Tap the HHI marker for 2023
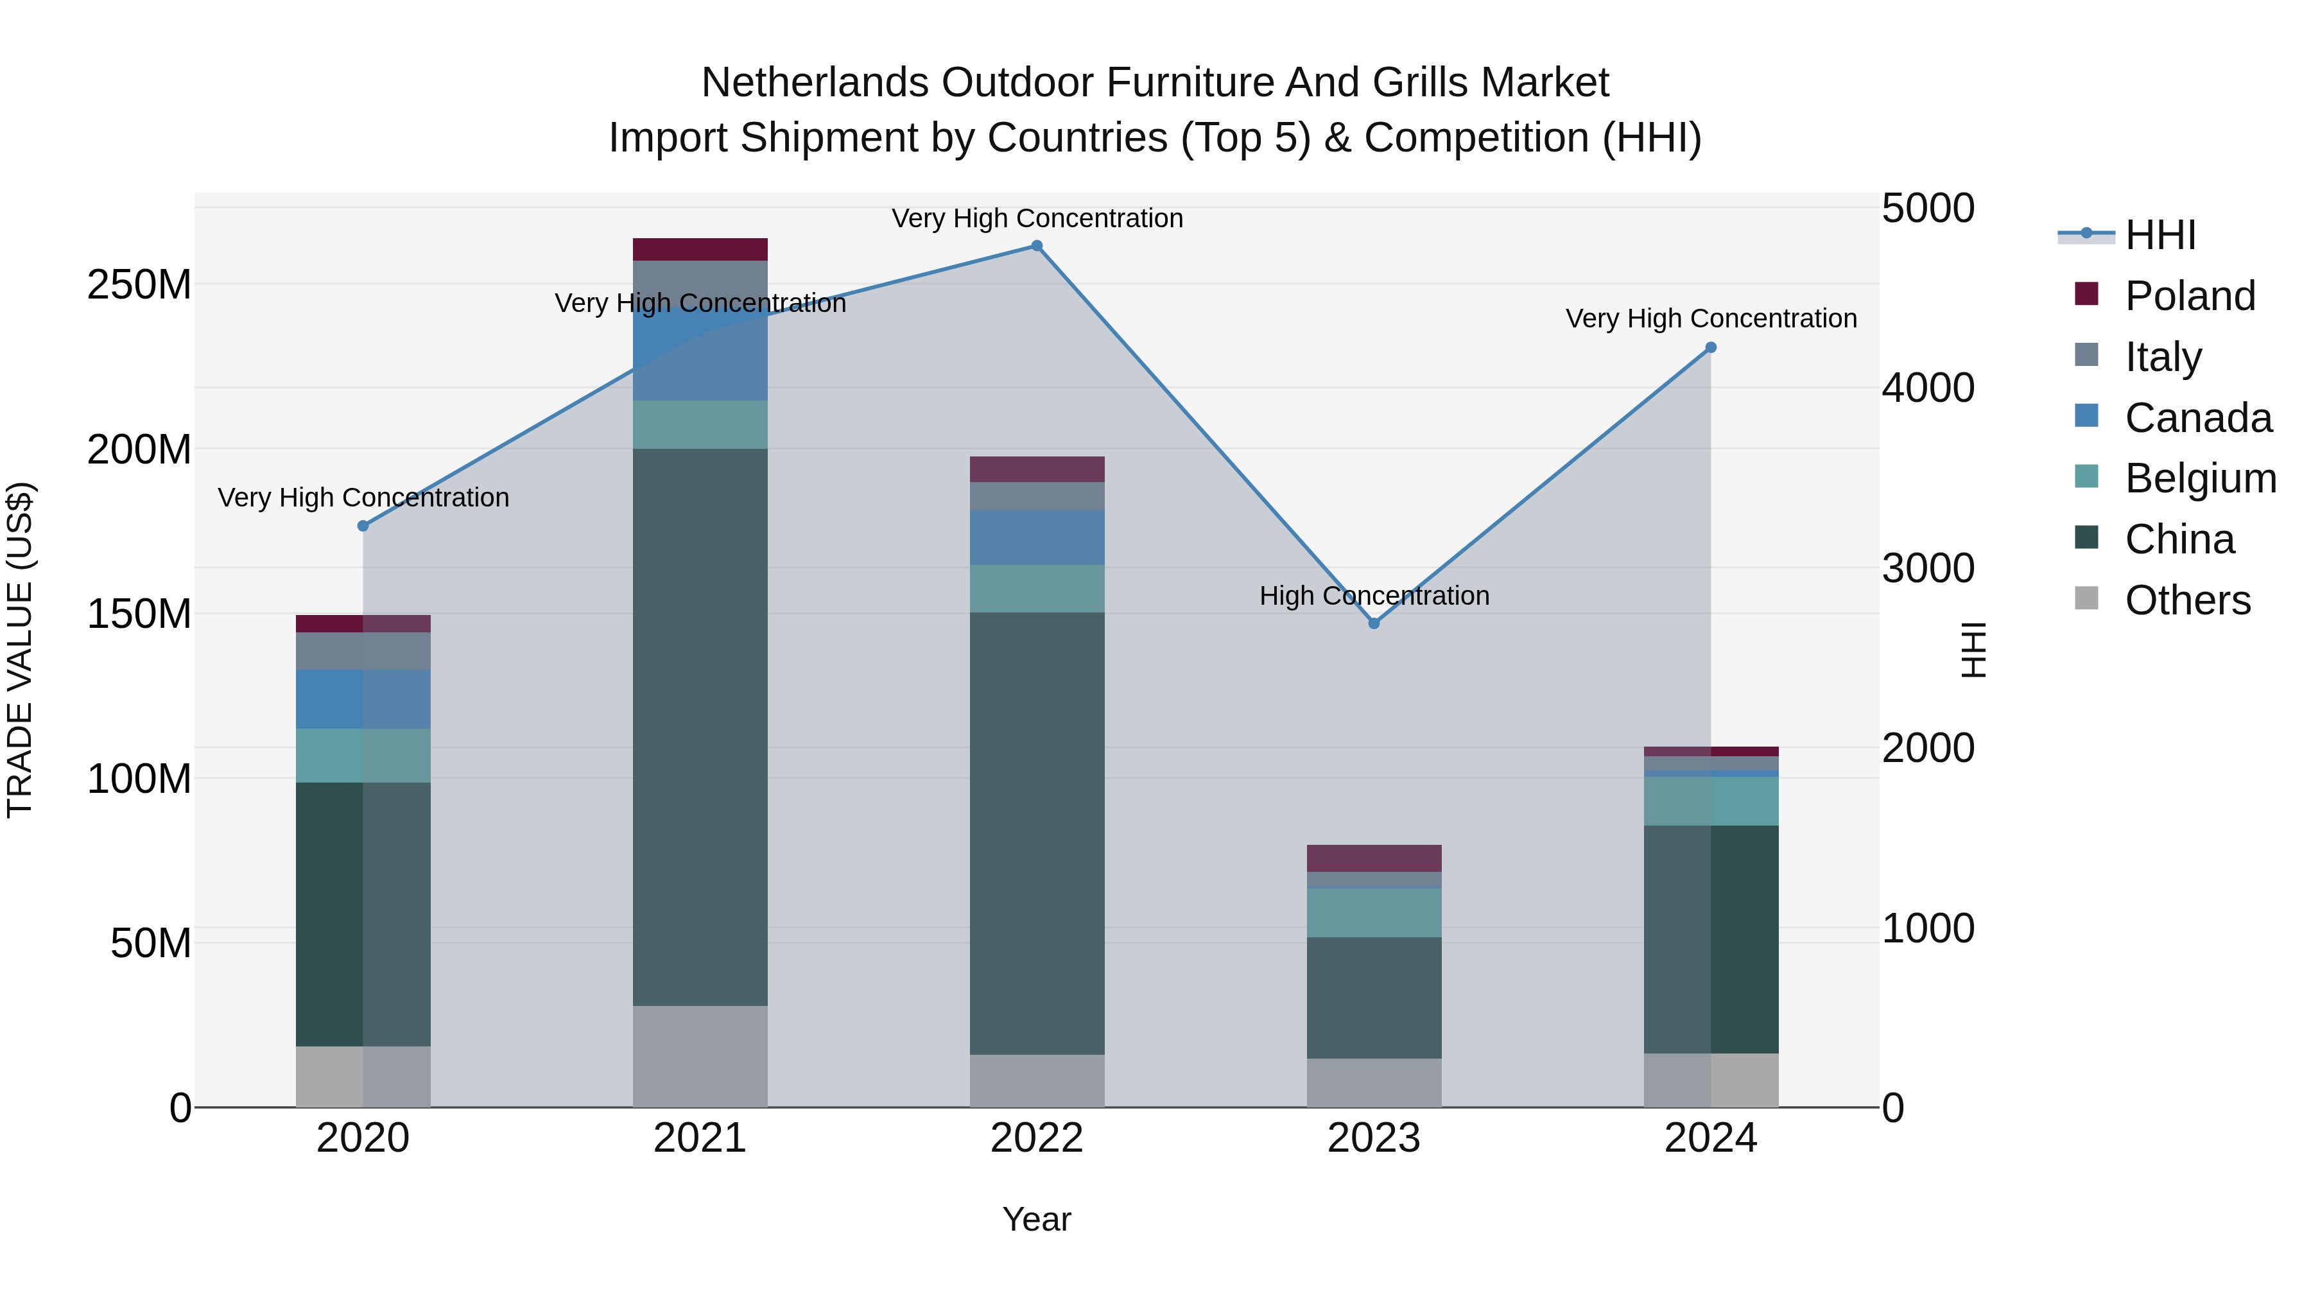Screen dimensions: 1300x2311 (1374, 623)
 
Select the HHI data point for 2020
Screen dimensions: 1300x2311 (363, 526)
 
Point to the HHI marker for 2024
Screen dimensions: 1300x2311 (1710, 347)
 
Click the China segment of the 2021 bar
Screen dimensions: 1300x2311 (700, 727)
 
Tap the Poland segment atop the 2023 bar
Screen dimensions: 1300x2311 (1374, 858)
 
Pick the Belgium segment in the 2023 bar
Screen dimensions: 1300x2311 (1374, 912)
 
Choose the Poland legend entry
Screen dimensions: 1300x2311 (2189, 296)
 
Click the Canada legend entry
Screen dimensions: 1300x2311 (2197, 418)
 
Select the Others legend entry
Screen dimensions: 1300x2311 (2187, 600)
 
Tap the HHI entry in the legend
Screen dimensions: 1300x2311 (2160, 235)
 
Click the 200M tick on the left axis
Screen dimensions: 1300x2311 (139, 449)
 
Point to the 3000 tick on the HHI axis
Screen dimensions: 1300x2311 (1928, 568)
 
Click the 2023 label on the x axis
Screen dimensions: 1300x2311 (1374, 1138)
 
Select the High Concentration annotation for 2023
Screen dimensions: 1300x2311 (1374, 596)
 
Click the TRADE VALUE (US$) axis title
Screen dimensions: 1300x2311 (20, 650)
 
